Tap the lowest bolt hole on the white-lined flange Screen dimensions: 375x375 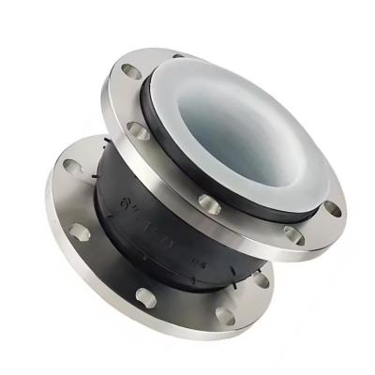pyautogui.click(x=293, y=235)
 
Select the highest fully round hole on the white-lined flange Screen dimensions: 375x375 pyautogui.click(x=131, y=71)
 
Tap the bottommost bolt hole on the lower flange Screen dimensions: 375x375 pyautogui.click(x=224, y=315)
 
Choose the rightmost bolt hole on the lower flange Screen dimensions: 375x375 pyautogui.click(x=261, y=279)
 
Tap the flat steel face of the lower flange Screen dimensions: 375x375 pyautogui.click(x=112, y=272)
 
